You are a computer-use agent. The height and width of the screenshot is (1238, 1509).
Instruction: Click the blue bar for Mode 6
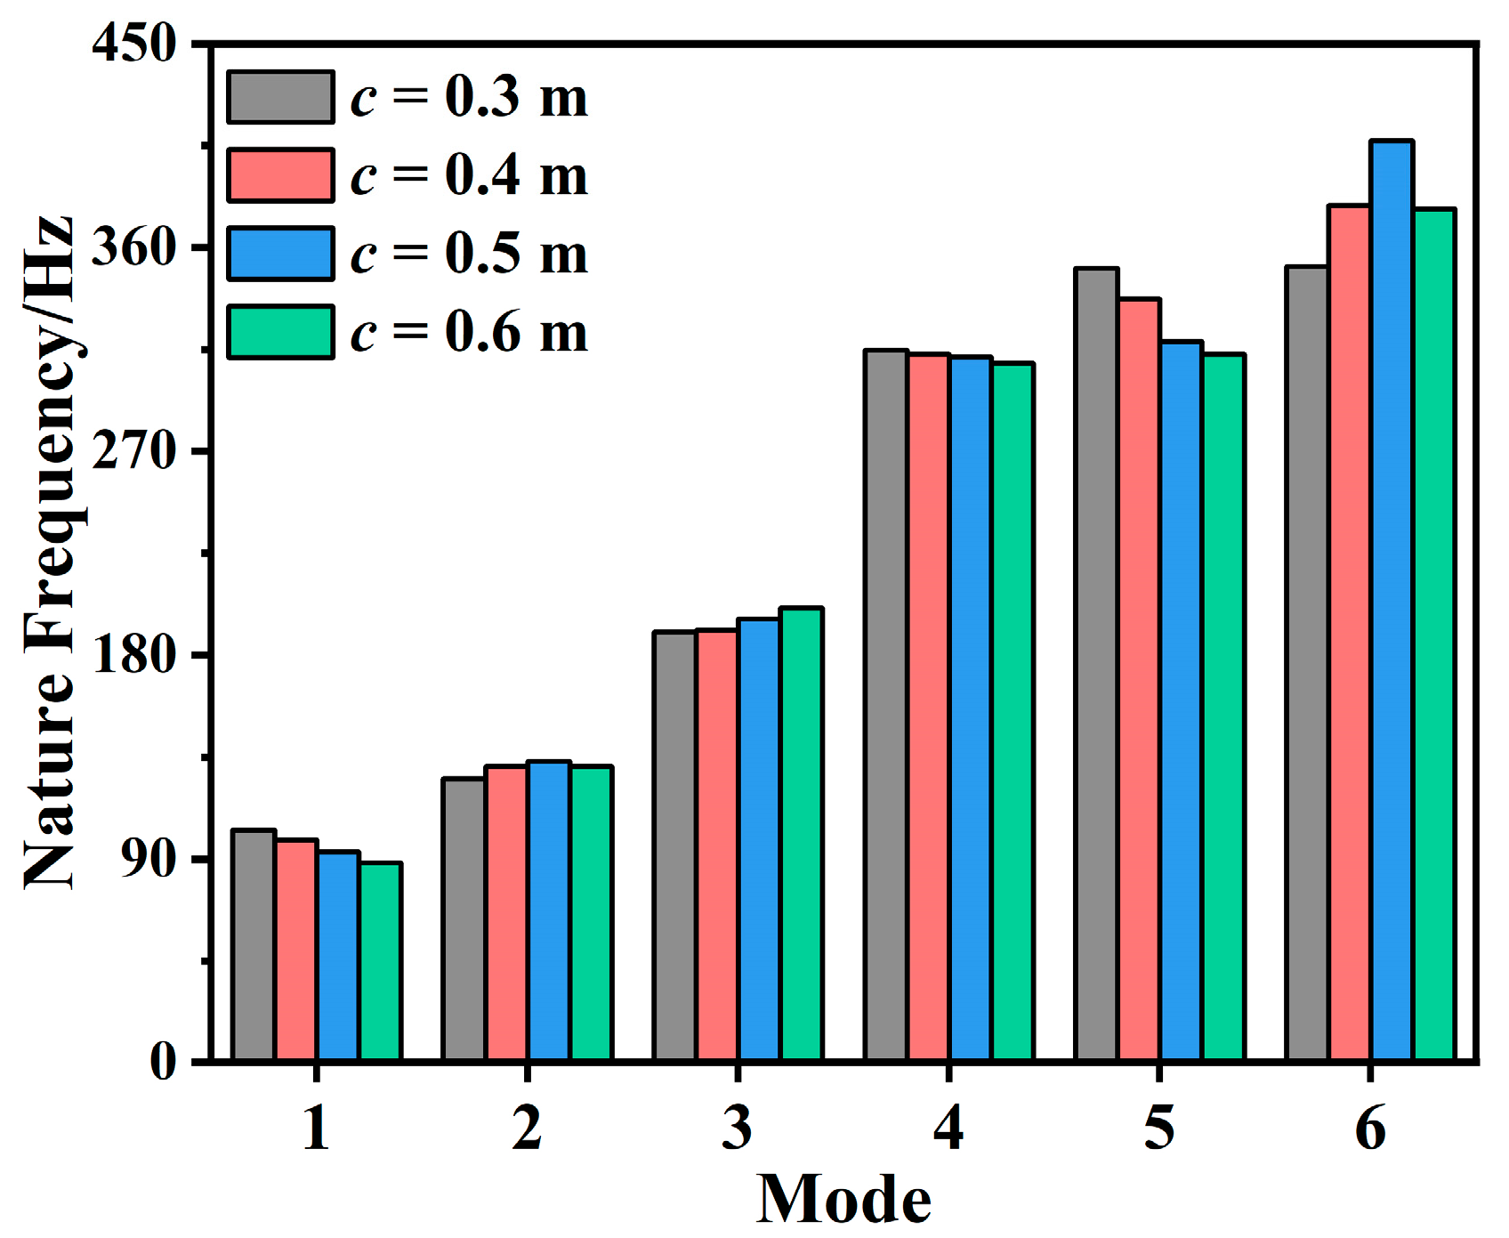pos(1392,601)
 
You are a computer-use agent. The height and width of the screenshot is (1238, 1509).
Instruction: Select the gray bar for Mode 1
pos(254,945)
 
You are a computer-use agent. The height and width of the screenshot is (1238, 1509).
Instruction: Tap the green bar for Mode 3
pos(801,834)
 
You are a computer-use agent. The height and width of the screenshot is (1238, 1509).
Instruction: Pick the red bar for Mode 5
pos(1140,680)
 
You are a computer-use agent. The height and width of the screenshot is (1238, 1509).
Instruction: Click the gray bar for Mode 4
pos(886,705)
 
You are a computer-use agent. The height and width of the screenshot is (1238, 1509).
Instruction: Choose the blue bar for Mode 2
pos(548,910)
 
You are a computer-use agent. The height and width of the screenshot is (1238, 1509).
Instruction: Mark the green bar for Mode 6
pos(1434,635)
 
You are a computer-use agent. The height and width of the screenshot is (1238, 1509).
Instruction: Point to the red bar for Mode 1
pos(296,950)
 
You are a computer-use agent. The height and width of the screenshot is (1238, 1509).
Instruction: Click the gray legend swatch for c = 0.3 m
pos(280,97)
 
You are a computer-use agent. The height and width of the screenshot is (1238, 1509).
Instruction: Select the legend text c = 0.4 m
pos(469,175)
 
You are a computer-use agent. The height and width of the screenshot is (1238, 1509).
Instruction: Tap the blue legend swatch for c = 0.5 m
pos(280,254)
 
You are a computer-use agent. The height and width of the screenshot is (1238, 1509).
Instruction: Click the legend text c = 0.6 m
pos(469,332)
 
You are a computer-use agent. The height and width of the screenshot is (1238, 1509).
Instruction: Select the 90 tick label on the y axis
pos(149,859)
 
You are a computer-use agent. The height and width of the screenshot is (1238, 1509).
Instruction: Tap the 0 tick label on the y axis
pos(163,1062)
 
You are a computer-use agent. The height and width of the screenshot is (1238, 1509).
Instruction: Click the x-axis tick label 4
pos(948,1128)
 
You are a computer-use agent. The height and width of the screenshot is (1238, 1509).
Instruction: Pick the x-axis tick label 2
pos(527,1128)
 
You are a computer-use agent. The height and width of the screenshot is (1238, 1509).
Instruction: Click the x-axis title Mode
pos(843,1200)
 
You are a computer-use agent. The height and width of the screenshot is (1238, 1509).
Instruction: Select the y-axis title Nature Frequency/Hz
pos(49,552)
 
